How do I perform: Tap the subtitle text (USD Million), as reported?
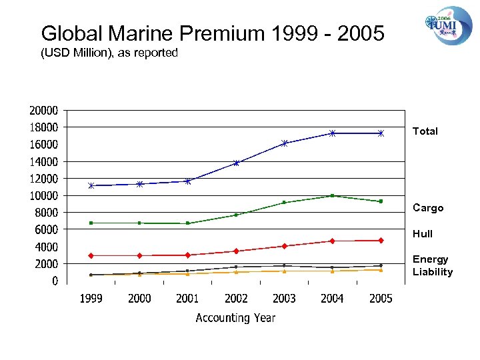click(x=109, y=53)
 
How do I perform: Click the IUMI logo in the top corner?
click(x=448, y=25)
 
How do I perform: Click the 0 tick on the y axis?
click(x=55, y=281)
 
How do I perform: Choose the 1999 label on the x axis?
click(x=91, y=299)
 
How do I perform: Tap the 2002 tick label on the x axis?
click(x=236, y=299)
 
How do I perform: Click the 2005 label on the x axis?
click(x=381, y=299)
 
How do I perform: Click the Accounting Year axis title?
click(x=235, y=318)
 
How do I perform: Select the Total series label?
click(x=425, y=131)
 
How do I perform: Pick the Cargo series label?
click(x=427, y=208)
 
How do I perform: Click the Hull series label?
click(x=422, y=234)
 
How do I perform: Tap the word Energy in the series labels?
click(x=430, y=259)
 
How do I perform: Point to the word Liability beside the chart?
click(x=432, y=272)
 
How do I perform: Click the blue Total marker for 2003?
click(x=284, y=143)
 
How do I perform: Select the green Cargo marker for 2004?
click(x=332, y=195)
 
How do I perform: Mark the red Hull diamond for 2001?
click(x=187, y=255)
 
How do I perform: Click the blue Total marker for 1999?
click(x=91, y=185)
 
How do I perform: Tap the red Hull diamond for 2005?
click(x=381, y=241)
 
